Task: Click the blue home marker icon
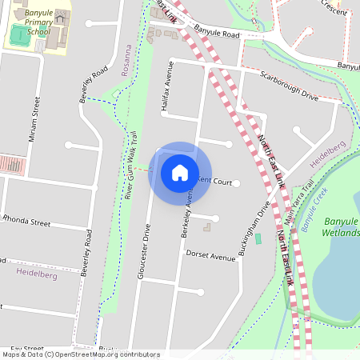[x=180, y=172]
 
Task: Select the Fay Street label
[x=22, y=349]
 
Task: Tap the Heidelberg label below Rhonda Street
[x=36, y=273]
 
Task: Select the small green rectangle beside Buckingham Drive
[x=258, y=239]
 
